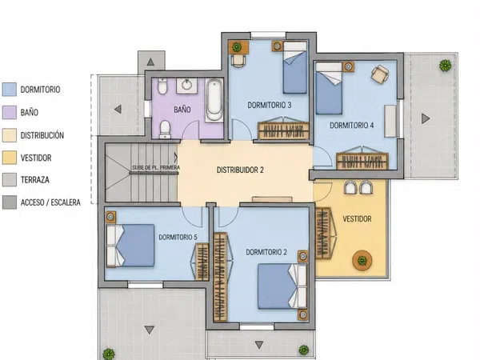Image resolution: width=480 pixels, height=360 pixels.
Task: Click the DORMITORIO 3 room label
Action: (270, 106)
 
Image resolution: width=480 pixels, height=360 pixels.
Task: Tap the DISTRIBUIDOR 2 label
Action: (240, 170)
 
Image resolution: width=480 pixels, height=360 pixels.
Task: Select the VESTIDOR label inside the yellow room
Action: (357, 219)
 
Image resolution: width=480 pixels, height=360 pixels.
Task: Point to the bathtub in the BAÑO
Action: (214, 100)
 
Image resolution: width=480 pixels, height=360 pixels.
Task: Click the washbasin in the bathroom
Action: (186, 86)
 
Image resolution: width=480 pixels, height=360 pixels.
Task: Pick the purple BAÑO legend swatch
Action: (9, 112)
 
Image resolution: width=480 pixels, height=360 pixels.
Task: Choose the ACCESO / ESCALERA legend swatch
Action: (9, 202)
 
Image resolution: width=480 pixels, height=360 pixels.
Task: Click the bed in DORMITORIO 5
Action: (130, 246)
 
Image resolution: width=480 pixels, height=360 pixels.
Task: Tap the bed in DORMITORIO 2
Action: (282, 286)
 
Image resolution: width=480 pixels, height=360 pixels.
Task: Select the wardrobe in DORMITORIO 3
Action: (283, 130)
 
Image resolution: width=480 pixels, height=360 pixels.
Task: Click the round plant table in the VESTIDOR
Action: (362, 261)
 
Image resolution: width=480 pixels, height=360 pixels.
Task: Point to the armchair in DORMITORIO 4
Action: (380, 74)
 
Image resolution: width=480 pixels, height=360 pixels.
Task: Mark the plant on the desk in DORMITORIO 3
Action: (237, 47)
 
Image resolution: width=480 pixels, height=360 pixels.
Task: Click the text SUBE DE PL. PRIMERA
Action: (156, 168)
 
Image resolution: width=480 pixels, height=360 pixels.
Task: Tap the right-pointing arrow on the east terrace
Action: (426, 118)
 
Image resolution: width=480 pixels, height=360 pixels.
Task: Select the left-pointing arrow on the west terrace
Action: (118, 109)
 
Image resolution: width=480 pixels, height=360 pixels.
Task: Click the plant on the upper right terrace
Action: (445, 66)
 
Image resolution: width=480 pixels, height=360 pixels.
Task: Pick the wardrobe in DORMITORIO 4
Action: (362, 161)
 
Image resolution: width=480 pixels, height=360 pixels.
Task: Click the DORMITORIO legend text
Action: (40, 90)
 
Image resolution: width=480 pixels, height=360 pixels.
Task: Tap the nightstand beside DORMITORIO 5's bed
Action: (111, 217)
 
